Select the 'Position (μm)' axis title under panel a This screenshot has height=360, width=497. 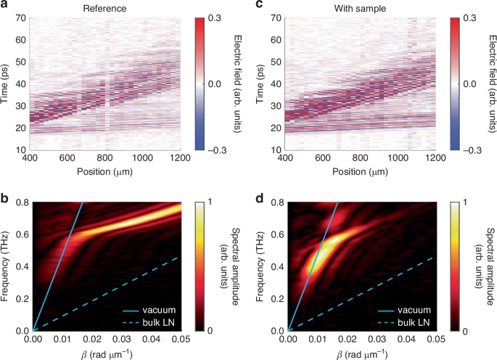pos(105,171)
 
